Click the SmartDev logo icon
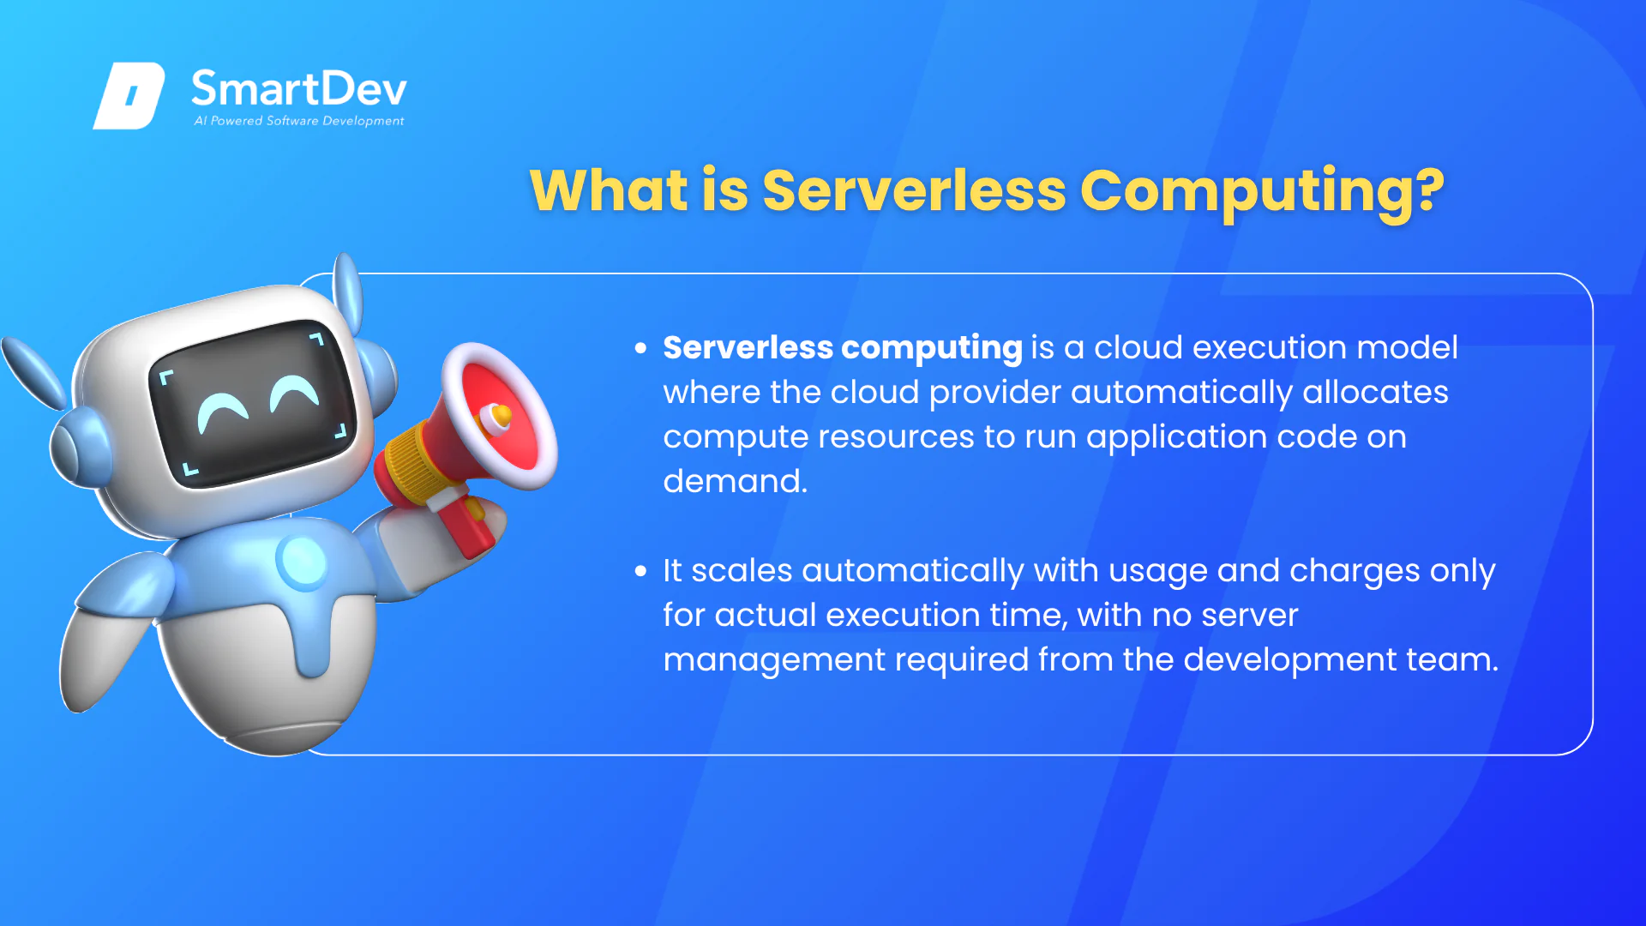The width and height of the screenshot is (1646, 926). click(x=129, y=95)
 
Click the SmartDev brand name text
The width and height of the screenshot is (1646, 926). click(x=298, y=89)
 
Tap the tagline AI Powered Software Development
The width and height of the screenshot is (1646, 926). click(x=298, y=121)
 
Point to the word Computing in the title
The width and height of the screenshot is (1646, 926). click(x=1246, y=192)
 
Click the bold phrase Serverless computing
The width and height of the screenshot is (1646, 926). click(x=843, y=348)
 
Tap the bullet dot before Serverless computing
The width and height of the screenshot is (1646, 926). click(x=640, y=348)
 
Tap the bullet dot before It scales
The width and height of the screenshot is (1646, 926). click(x=640, y=571)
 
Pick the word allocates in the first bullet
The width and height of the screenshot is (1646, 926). click(x=1376, y=392)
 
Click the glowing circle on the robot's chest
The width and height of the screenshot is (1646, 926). click(x=302, y=562)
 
